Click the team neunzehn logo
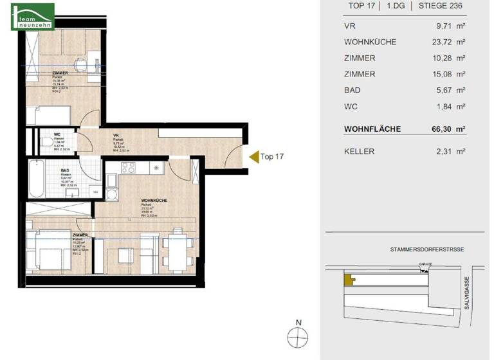[x=33, y=16]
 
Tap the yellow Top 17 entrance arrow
[x=253, y=156]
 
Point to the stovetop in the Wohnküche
[x=128, y=168]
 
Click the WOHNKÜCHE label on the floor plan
[x=154, y=201]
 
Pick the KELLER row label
[x=359, y=151]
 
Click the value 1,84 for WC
[x=443, y=106]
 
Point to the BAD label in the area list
[x=352, y=90]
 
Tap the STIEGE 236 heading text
[x=441, y=6]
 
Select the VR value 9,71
[x=443, y=26]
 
